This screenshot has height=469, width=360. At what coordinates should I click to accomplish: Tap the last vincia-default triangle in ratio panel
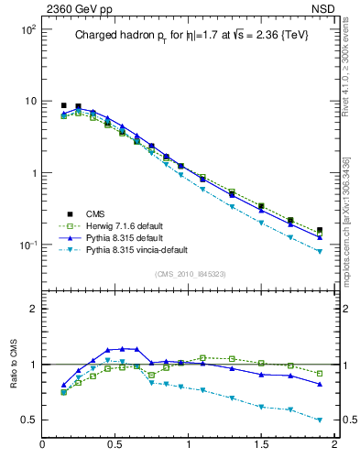click(x=320, y=420)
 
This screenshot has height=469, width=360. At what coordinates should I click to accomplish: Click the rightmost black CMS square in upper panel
click(x=320, y=231)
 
